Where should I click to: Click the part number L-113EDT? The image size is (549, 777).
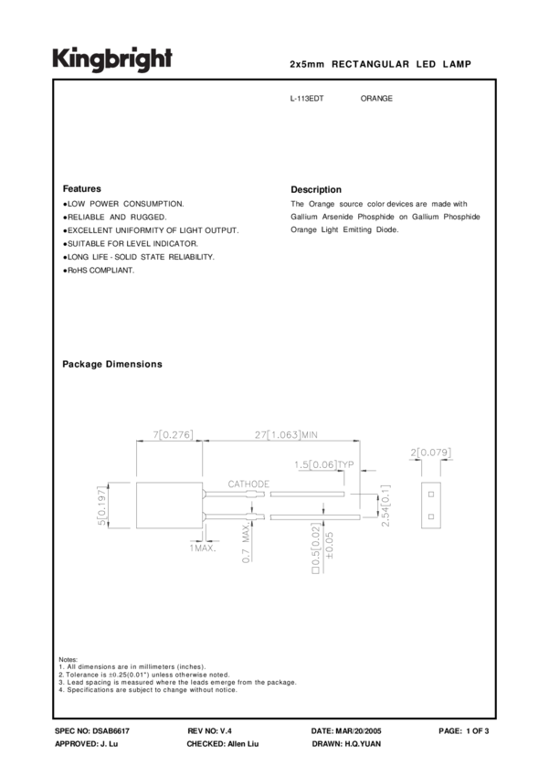pos(306,98)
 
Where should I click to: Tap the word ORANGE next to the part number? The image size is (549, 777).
pos(376,98)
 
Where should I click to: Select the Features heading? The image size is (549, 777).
pos(81,189)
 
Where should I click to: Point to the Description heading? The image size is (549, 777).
pos(315,189)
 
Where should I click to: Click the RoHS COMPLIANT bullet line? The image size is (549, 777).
pos(99,271)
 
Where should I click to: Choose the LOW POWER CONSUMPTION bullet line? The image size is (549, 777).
pos(123,203)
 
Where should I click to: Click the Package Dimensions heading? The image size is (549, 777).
pos(111,364)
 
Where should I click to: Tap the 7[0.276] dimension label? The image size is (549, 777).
pos(171,435)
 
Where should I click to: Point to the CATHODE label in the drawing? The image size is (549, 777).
pos(248,483)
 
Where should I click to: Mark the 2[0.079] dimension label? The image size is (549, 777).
pos(431,452)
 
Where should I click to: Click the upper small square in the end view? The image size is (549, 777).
pos(430,494)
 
